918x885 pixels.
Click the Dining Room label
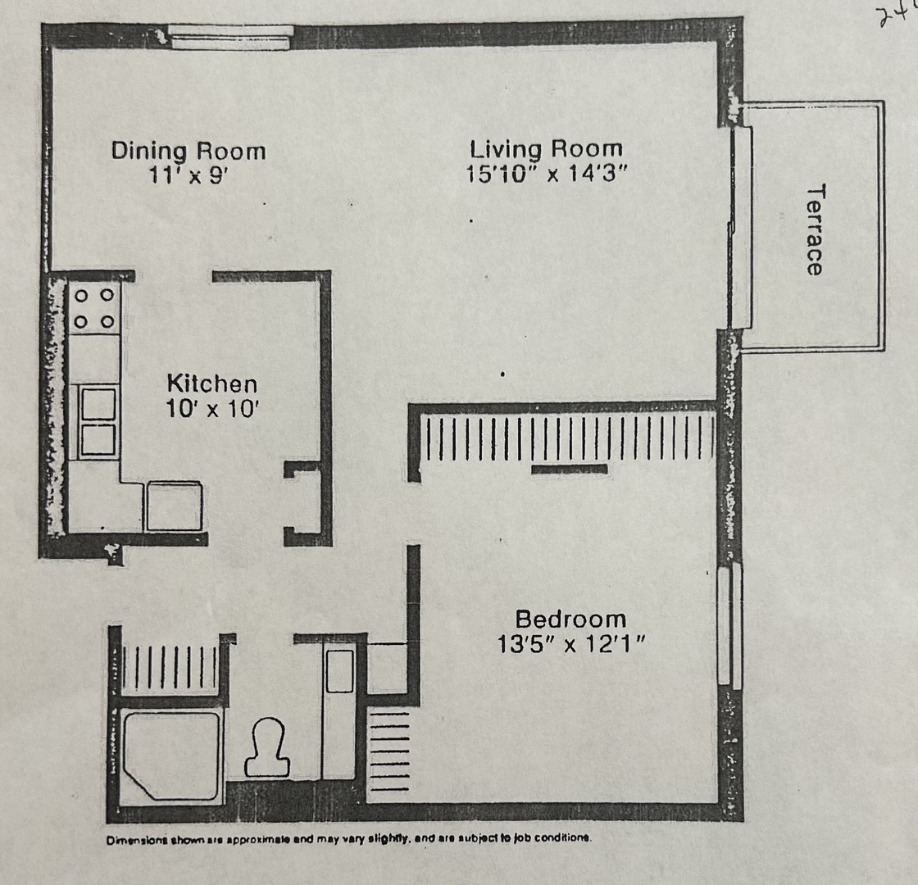tap(189, 152)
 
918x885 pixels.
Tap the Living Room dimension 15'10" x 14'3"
tap(547, 174)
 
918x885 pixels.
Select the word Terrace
tap(815, 229)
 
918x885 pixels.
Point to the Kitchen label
tap(211, 383)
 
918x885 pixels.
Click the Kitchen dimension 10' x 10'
tap(211, 408)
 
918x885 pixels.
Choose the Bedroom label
tap(570, 619)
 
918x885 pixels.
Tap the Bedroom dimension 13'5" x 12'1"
tap(571, 644)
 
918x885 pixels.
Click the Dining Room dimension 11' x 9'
tap(189, 176)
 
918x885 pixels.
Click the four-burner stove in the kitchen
tap(93, 308)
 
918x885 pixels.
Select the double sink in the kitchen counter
tap(98, 421)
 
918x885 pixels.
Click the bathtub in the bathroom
tap(170, 755)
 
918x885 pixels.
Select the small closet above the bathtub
tap(170, 666)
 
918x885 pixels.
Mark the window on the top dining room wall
tap(231, 38)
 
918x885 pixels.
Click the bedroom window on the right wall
tap(729, 624)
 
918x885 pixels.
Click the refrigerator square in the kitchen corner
tap(173, 506)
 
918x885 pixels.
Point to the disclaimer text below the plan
tap(348, 839)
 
